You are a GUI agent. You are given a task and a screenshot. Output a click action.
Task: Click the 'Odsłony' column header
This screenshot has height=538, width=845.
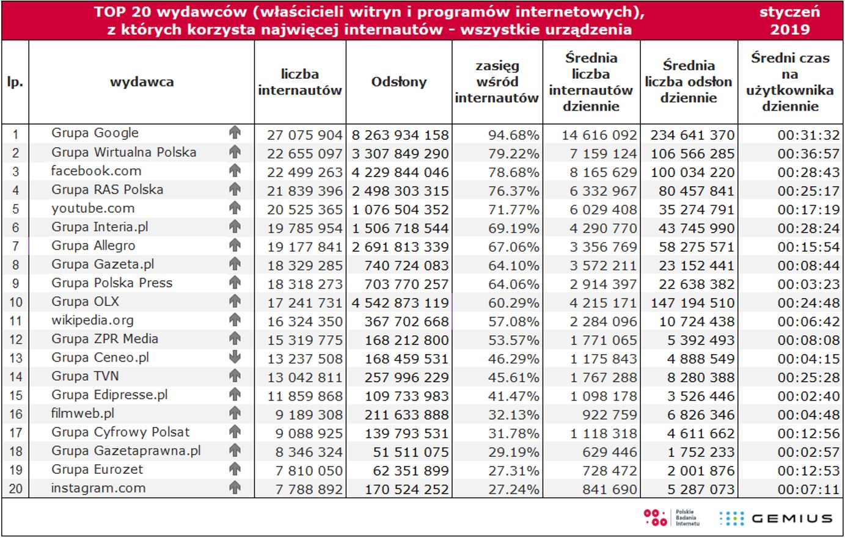tap(399, 82)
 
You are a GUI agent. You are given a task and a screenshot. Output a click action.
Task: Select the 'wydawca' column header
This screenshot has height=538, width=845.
tap(142, 82)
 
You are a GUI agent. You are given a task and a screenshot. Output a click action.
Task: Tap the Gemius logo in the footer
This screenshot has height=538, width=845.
tap(777, 518)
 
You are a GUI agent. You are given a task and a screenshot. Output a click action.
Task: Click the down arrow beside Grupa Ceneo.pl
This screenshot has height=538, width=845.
tap(235, 358)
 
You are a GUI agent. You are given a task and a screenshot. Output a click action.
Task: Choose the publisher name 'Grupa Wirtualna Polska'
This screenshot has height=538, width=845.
tap(123, 152)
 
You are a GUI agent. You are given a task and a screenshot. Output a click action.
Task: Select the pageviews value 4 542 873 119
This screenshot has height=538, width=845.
tap(400, 303)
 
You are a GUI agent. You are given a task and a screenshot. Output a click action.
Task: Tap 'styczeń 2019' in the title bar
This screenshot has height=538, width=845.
tap(790, 21)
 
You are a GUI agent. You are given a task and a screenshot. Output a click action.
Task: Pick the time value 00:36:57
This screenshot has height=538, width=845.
tap(808, 153)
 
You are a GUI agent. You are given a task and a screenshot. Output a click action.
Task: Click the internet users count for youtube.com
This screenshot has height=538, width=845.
tap(304, 209)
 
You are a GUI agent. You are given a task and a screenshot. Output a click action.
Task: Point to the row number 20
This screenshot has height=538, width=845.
tap(15, 489)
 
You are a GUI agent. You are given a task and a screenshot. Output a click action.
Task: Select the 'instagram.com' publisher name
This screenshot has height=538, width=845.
tap(98, 488)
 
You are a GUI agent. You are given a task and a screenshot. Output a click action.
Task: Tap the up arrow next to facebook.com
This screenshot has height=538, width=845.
tap(235, 171)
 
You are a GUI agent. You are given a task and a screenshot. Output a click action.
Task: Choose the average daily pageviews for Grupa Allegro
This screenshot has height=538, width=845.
tap(696, 247)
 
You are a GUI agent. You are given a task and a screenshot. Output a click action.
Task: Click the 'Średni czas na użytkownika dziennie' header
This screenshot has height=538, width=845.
tap(790, 82)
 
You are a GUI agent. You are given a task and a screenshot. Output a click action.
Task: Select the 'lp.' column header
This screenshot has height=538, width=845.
tap(15, 82)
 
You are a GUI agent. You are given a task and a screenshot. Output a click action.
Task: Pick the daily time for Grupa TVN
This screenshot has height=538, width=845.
tap(808, 377)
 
